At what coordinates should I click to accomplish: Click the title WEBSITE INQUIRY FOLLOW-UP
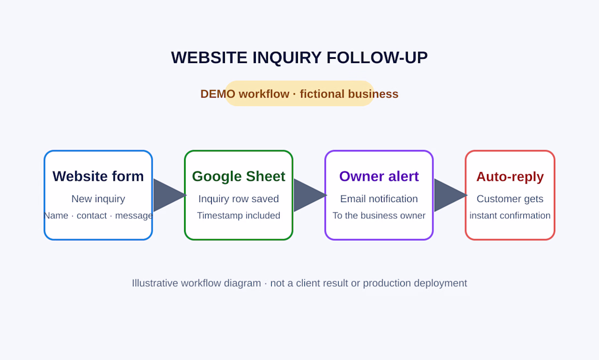pos(299,58)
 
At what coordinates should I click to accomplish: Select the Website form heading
pos(98,176)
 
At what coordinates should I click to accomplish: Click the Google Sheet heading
pos(239,176)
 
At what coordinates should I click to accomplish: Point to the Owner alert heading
pos(379,176)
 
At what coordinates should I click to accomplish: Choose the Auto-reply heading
pos(510,176)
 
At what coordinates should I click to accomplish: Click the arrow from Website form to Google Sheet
pos(169,195)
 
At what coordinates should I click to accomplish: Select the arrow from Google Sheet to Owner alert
pos(310,195)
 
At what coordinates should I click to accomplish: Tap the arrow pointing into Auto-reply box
pos(450,195)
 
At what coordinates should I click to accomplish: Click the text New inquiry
pos(98,199)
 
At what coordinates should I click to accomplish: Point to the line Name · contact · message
pos(98,216)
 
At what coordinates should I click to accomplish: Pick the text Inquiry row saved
pos(239,199)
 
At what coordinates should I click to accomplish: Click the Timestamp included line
pos(239,216)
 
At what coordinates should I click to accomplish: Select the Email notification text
pos(379,199)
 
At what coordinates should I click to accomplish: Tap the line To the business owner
pos(379,216)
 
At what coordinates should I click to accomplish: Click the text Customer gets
pos(510,199)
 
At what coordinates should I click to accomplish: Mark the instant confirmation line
pos(510,216)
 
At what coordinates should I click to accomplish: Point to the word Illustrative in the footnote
pos(155,283)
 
